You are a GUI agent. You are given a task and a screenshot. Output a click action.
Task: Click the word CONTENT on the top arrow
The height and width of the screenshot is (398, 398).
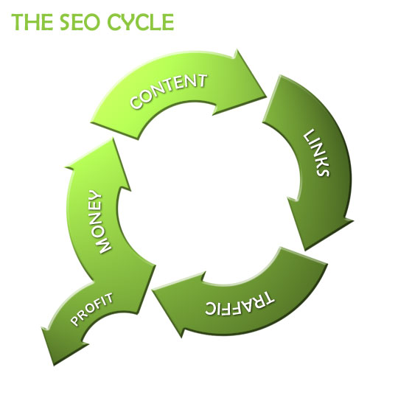coord(168,91)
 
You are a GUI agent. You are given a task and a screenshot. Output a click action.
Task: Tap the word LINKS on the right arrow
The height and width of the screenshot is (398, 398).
coord(316,153)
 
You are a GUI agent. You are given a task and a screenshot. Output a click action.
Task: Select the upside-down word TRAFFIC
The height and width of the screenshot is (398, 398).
coord(240,304)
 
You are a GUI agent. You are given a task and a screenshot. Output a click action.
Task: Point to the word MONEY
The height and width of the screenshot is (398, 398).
coord(100,221)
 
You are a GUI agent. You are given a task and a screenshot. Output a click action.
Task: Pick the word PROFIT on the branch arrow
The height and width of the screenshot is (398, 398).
coord(91,309)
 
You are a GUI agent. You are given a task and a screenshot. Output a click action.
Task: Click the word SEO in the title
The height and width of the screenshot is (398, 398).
coord(83,22)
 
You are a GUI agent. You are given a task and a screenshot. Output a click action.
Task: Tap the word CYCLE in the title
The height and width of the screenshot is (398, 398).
coord(141,22)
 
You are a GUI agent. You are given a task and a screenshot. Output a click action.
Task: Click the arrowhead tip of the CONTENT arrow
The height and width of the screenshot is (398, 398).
coord(267,97)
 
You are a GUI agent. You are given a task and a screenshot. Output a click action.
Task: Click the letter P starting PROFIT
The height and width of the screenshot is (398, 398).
coord(75,321)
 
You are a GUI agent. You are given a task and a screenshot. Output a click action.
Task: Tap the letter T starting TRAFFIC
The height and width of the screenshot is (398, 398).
coord(267,298)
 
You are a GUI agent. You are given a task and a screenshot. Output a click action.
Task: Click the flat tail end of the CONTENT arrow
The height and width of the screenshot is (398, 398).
coord(115,131)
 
